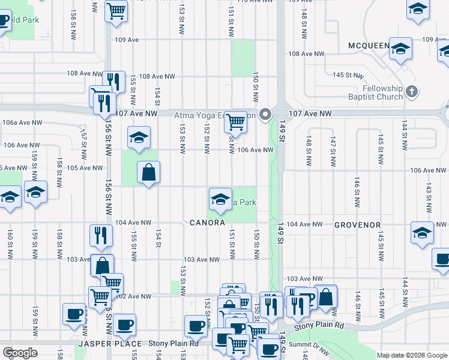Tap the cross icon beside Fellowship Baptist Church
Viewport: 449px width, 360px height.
pyautogui.click(x=411, y=91)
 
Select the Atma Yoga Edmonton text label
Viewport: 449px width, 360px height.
pyautogui.click(x=214, y=115)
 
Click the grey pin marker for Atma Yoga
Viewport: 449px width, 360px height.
pyautogui.click(x=265, y=117)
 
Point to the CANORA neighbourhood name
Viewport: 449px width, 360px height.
pyautogui.click(x=207, y=223)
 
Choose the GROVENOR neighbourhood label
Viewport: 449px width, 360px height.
pyautogui.click(x=358, y=225)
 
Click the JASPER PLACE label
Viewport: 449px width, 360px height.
pyautogui.click(x=111, y=344)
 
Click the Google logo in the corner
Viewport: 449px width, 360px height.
pyautogui.click(x=20, y=353)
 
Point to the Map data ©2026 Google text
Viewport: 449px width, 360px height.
pyautogui.click(x=411, y=355)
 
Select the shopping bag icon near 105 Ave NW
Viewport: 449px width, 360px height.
pyautogui.click(x=148, y=173)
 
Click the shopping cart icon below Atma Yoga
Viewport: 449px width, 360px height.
pyautogui.click(x=235, y=122)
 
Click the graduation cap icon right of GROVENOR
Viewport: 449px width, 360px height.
pyautogui.click(x=422, y=232)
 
